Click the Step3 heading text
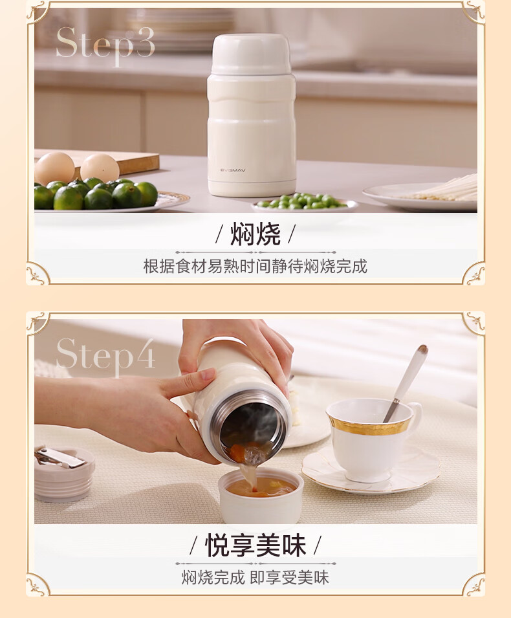coord(105,45)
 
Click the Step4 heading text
coord(105,356)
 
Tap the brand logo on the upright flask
coord(233,170)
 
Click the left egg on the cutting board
coord(54,168)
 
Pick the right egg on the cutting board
coord(100,168)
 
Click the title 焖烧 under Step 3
coord(255,234)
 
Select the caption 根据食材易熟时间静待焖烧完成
coord(255,267)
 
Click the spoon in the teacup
coord(406,382)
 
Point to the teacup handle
coord(417,418)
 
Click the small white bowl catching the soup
coord(261,496)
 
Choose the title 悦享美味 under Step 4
coord(255,546)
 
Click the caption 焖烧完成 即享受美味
coord(255,578)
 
